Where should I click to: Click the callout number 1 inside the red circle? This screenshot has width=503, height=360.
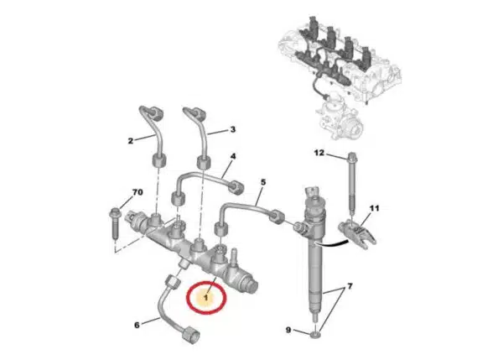pyautogui.click(x=206, y=298)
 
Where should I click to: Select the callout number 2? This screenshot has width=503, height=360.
pyautogui.click(x=130, y=141)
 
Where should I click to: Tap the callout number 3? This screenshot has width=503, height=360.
pyautogui.click(x=233, y=129)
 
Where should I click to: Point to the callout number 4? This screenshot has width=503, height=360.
pyautogui.click(x=233, y=156)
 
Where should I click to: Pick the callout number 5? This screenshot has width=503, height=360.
pyautogui.click(x=263, y=182)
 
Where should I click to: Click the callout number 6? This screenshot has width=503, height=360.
pyautogui.click(x=137, y=325)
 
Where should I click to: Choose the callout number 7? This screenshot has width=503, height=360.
pyautogui.click(x=350, y=286)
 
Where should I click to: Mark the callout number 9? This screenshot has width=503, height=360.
pyautogui.click(x=288, y=330)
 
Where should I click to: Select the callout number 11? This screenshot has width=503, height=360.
pyautogui.click(x=374, y=208)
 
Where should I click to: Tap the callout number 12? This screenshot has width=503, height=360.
pyautogui.click(x=319, y=153)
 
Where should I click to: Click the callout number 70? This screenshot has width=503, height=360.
pyautogui.click(x=137, y=192)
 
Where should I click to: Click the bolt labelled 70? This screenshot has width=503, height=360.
pyautogui.click(x=115, y=223)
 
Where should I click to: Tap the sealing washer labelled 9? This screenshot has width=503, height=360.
pyautogui.click(x=316, y=336)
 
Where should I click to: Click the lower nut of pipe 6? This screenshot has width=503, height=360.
pyautogui.click(x=191, y=335)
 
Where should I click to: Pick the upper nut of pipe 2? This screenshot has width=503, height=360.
pyautogui.click(x=156, y=113)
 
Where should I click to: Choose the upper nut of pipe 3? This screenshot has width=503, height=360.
pyautogui.click(x=199, y=114)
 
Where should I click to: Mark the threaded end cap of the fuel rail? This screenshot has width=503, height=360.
pyautogui.click(x=251, y=284)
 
